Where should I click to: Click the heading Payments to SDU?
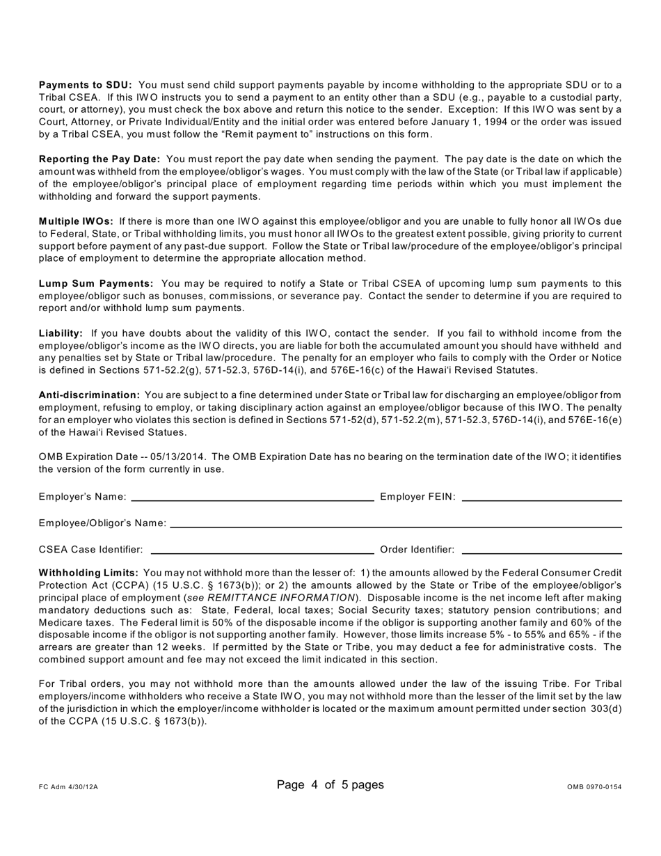click(85, 85)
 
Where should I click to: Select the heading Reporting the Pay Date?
click(99, 159)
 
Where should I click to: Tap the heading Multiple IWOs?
click(77, 221)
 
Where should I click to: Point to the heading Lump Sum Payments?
click(96, 283)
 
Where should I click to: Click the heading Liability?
click(61, 333)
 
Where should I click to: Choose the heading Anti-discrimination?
click(89, 395)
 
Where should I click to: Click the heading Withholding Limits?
click(88, 573)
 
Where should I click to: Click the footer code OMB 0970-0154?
click(594, 787)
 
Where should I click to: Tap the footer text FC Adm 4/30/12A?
click(69, 787)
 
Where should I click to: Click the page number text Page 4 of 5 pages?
click(330, 785)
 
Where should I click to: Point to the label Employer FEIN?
click(417, 497)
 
